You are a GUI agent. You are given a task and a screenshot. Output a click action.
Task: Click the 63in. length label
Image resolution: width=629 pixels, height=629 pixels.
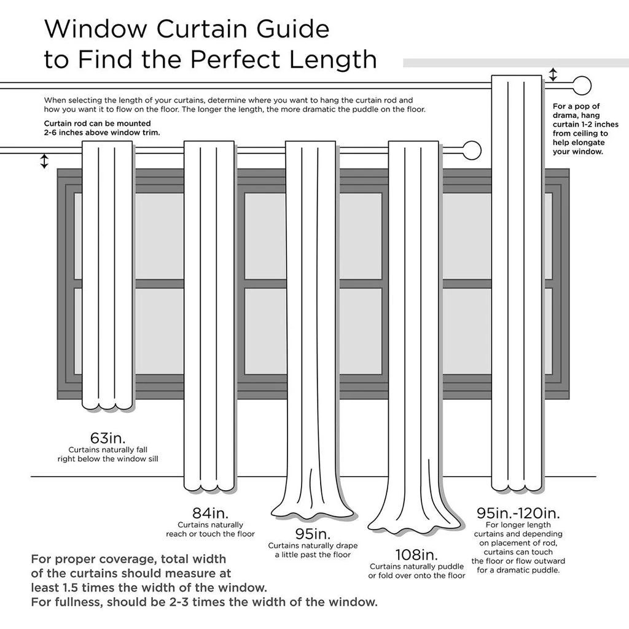(107, 438)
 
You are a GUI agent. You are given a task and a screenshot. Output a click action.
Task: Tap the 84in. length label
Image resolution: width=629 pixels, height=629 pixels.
(209, 512)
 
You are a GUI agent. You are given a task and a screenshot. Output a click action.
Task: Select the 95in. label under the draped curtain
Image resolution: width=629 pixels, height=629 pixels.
(312, 533)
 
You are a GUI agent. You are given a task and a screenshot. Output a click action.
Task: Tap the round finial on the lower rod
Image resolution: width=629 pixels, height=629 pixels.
(471, 150)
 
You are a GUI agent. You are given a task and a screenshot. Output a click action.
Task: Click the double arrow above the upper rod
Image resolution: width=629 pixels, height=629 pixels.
(553, 74)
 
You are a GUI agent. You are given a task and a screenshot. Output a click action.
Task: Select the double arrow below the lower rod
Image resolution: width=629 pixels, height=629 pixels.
(44, 161)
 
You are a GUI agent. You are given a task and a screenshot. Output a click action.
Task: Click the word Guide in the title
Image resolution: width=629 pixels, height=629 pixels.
(286, 29)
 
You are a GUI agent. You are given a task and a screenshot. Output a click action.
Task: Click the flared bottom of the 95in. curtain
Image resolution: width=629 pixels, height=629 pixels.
(313, 510)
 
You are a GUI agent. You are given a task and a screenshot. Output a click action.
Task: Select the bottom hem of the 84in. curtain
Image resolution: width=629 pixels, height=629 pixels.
(209, 487)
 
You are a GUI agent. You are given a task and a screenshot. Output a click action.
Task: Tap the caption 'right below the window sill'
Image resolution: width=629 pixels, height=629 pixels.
(107, 459)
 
